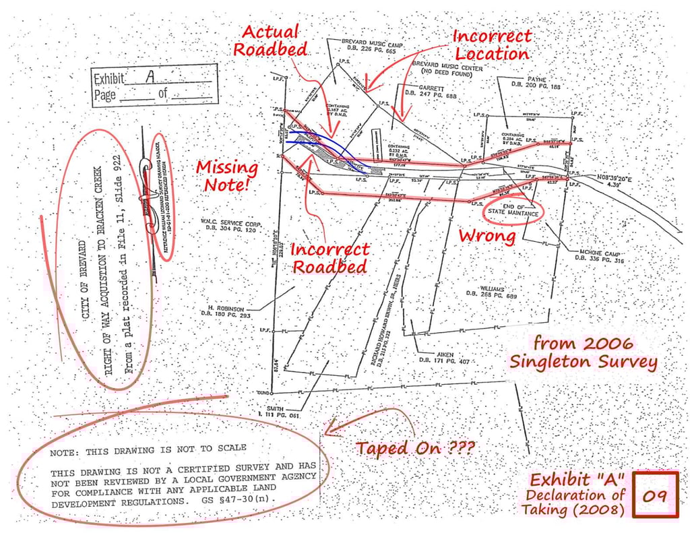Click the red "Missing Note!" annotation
point(226,175)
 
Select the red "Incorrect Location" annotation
point(491,44)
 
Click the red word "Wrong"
point(487,237)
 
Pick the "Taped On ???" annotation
point(416,448)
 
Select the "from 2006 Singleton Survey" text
point(584,352)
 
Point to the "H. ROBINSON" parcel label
point(229,311)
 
